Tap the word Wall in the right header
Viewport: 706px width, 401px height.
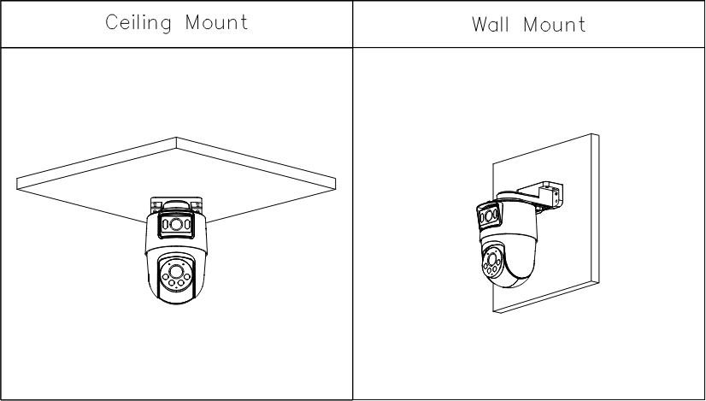489,24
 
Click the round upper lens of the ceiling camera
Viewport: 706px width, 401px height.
176,225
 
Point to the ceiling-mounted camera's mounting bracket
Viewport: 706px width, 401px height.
176,205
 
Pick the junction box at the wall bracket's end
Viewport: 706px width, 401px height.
551,190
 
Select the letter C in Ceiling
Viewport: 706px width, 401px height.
111,23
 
